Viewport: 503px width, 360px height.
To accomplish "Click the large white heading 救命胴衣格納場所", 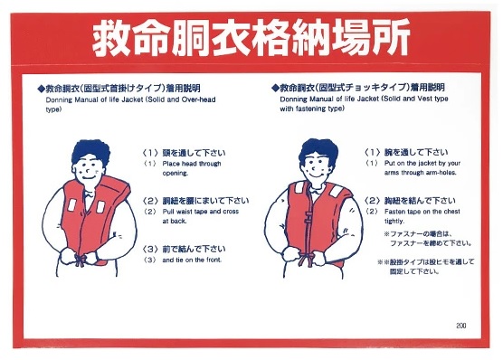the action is click(251, 38).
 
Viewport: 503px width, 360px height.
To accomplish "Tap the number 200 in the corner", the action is click(461, 326).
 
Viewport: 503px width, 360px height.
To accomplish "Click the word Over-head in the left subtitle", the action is click(198, 99).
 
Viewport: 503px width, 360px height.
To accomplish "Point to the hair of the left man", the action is click(90, 152).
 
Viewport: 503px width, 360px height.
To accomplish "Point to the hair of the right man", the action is click(318, 151).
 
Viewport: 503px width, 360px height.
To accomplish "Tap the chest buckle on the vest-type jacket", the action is click(308, 218).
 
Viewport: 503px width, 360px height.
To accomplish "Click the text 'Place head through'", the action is click(192, 164).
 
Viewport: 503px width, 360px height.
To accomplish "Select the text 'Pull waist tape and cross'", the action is click(201, 212).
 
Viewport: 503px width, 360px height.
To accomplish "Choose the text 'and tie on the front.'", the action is click(192, 260).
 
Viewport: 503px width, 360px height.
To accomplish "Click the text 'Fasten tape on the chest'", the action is click(422, 212).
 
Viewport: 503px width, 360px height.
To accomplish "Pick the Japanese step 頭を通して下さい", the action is click(194, 153).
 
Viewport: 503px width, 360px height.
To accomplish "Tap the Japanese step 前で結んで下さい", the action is click(194, 249).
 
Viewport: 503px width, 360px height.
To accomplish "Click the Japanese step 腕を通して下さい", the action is click(416, 152).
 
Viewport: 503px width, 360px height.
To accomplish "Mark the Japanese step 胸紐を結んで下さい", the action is click(420, 201).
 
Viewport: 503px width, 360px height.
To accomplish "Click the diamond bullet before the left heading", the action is click(42, 88).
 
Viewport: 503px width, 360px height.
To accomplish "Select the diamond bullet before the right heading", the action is click(275, 87).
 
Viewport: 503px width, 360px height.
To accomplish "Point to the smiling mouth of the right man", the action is click(316, 175).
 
